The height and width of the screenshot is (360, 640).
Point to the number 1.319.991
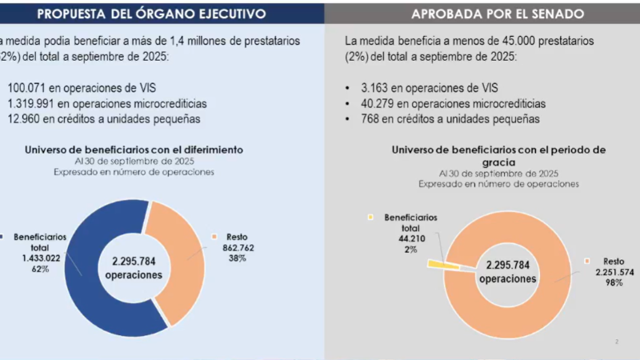coord(37,104)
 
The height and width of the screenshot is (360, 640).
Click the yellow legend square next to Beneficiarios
coord(371,217)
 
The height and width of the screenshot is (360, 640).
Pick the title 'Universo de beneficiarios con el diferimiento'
coord(134,149)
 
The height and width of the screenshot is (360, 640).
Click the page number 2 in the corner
coord(617,342)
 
